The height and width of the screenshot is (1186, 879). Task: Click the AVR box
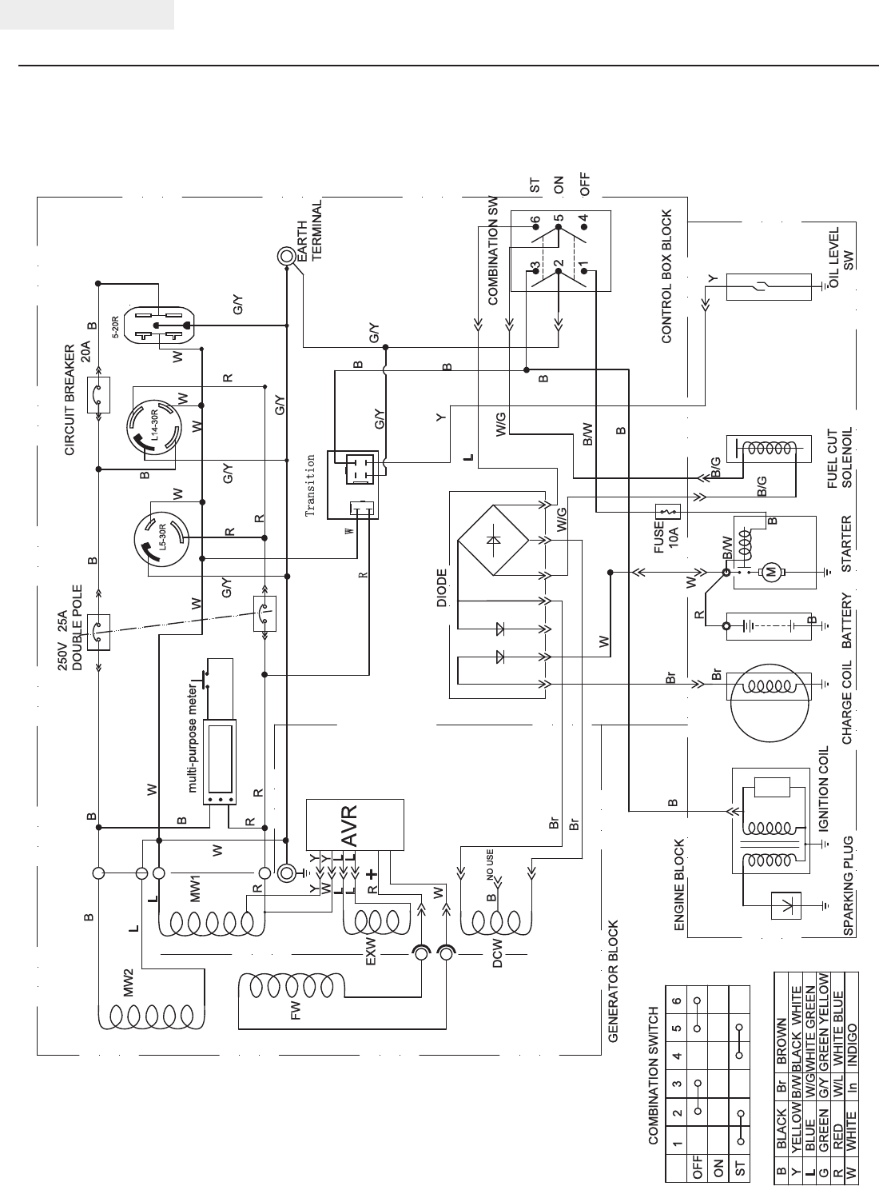click(x=356, y=824)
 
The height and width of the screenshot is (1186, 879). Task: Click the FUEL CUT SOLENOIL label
click(x=840, y=457)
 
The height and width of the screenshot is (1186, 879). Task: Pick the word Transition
click(x=312, y=485)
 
